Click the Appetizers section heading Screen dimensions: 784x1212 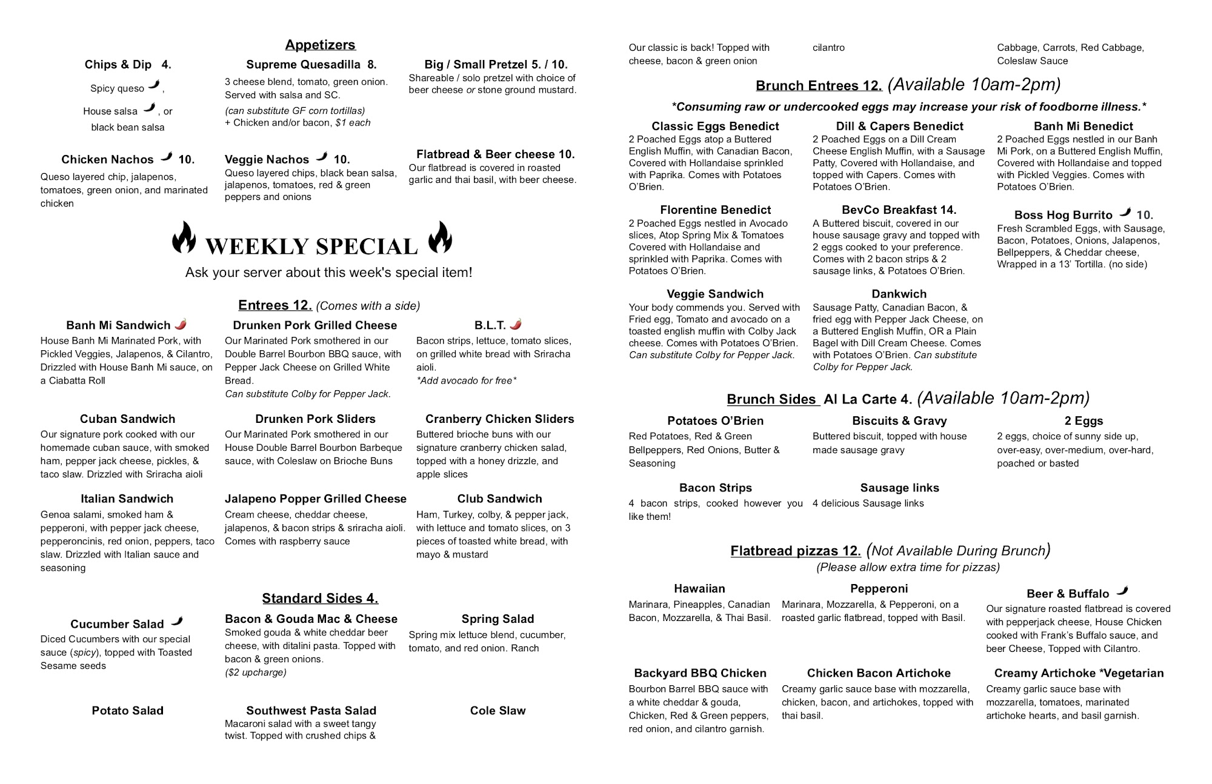click(320, 45)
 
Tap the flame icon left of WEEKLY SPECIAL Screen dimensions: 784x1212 click(184, 238)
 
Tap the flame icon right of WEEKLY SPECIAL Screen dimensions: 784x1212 click(440, 238)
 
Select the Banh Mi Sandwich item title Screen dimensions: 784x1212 click(118, 325)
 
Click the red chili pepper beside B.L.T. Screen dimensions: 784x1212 click(516, 325)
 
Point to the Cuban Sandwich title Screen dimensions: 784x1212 click(127, 419)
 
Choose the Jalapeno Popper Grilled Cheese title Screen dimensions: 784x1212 click(315, 499)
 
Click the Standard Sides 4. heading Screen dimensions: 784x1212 click(320, 599)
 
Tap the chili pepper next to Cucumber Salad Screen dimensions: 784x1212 click(177, 622)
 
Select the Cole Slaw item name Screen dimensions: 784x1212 click(498, 711)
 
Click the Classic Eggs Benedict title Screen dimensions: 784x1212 click(715, 126)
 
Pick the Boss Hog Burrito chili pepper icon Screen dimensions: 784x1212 click(1125, 213)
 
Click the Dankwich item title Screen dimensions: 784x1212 click(899, 294)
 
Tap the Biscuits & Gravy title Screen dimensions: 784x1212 click(899, 421)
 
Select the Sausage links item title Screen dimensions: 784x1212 click(899, 488)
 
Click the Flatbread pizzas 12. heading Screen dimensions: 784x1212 click(795, 551)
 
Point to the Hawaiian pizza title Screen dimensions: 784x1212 click(699, 589)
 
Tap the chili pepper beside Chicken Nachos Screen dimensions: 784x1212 click(166, 158)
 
